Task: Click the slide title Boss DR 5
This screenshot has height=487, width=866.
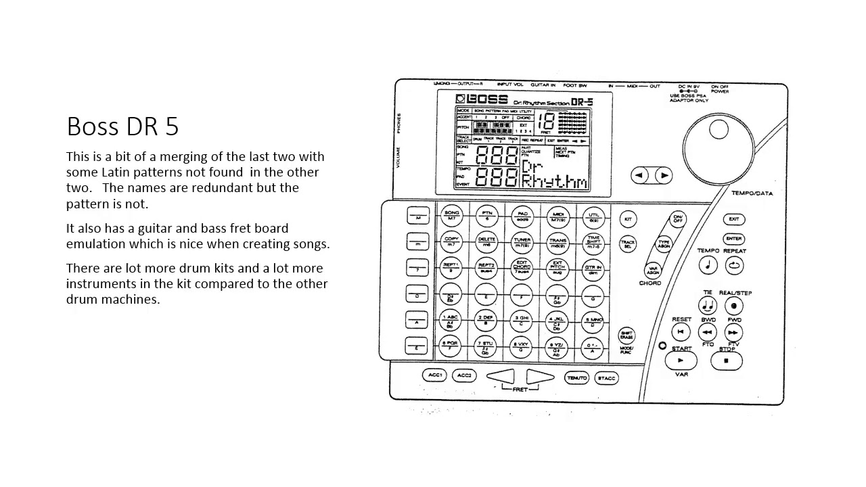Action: coord(122,126)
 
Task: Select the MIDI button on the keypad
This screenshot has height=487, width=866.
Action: coord(559,216)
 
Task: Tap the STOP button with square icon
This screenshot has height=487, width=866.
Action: coord(727,361)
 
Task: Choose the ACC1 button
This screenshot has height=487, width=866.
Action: coord(435,375)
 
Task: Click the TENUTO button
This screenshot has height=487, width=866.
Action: coord(577,378)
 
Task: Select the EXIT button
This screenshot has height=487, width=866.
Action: coord(734,219)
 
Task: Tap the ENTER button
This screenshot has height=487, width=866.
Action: coord(734,239)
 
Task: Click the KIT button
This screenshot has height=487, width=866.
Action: coord(628,220)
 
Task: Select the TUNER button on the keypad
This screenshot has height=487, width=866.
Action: coord(522,241)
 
